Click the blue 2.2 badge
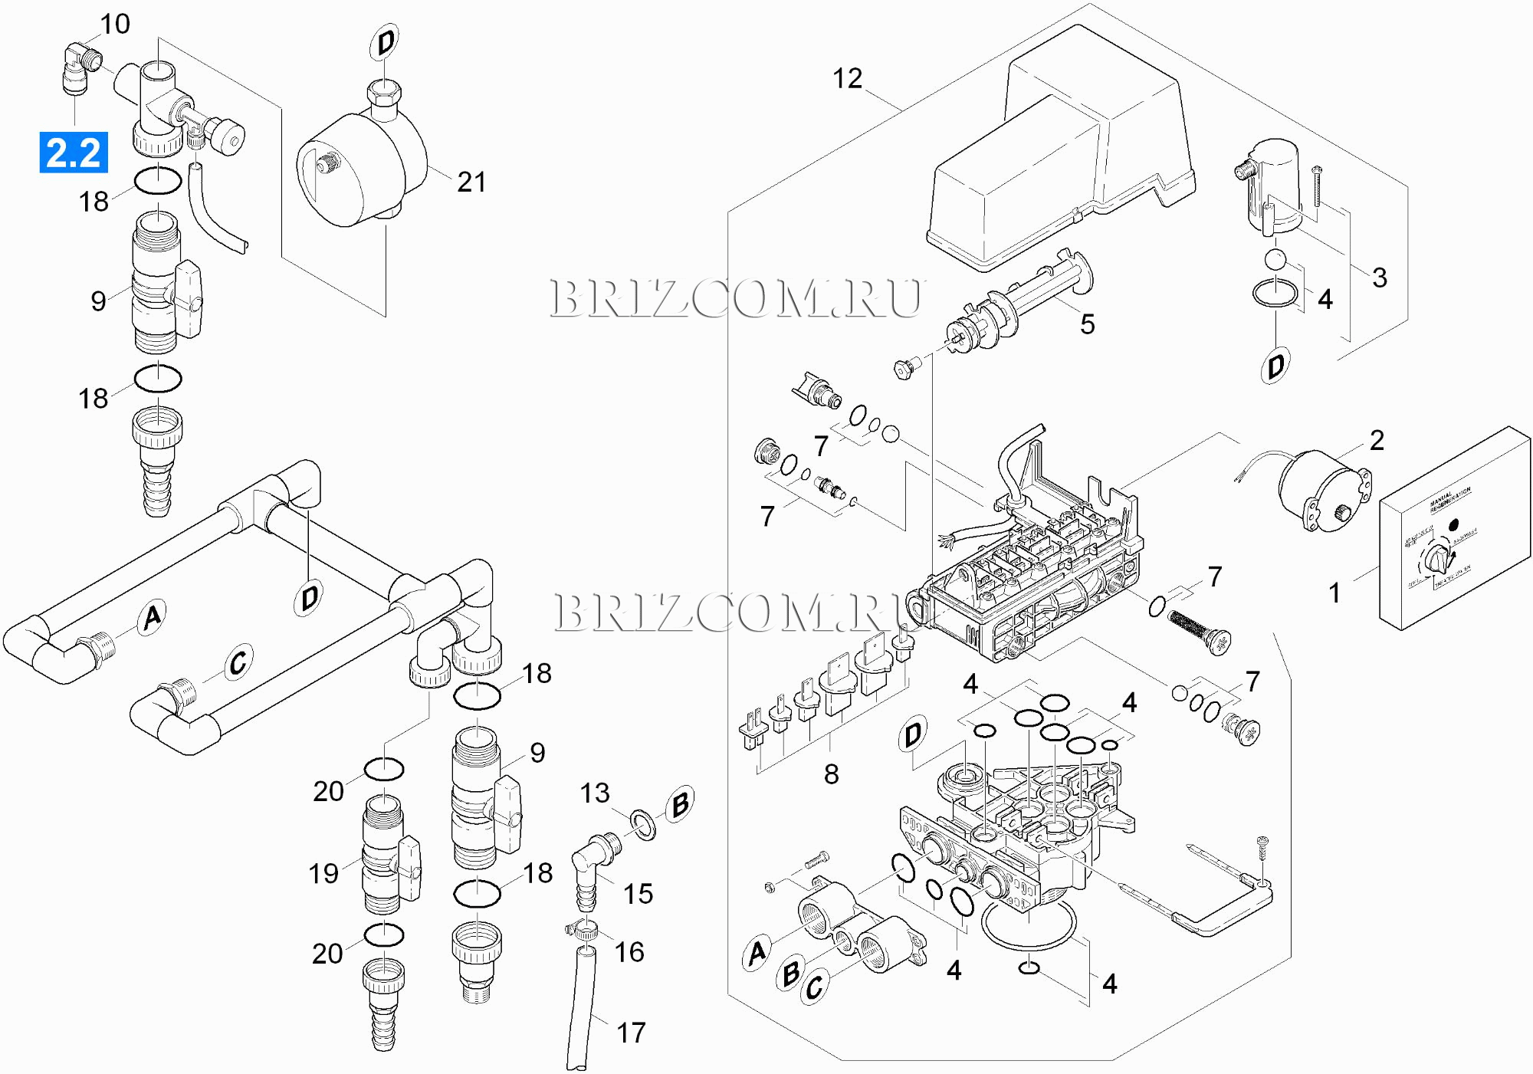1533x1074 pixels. [74, 153]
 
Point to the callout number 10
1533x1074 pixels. [115, 25]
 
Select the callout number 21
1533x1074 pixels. [471, 182]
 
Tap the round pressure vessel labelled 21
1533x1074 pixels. [360, 172]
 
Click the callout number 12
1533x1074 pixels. [847, 78]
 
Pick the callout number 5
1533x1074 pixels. [1087, 324]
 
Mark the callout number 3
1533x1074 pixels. [1380, 278]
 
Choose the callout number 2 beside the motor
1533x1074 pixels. [1377, 441]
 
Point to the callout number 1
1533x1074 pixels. [1334, 593]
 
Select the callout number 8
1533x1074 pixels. [831, 774]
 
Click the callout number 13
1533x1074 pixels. [595, 793]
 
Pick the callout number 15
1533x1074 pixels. [638, 894]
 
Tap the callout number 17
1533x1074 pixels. [631, 1033]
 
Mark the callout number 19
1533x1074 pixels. [323, 874]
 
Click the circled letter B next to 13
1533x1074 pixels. [680, 804]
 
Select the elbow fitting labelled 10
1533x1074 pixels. [80, 66]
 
